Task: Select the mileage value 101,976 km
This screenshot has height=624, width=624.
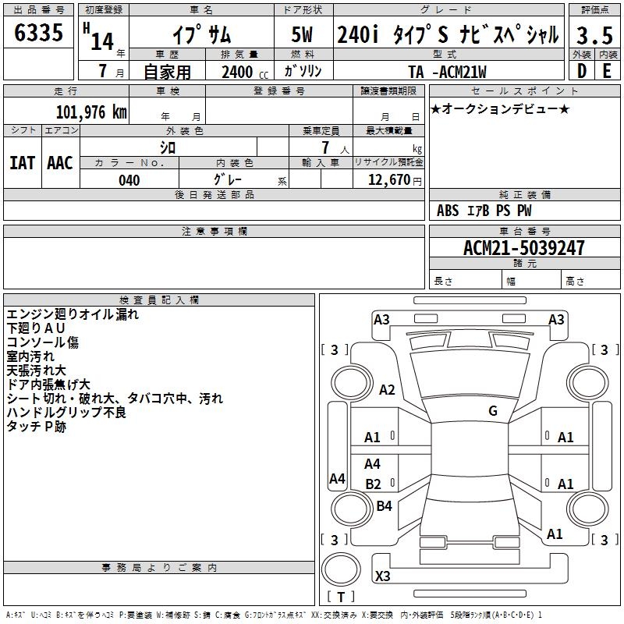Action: coord(91,111)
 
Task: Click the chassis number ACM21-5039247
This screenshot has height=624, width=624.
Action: coord(523,248)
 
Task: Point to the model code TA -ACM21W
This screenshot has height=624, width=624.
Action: coord(452,72)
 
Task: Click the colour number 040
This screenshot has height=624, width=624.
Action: coord(129,180)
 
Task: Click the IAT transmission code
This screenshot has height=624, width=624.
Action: coord(23,162)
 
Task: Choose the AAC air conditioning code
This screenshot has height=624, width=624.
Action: coord(60,162)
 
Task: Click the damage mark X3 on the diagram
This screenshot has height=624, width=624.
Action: coord(383,576)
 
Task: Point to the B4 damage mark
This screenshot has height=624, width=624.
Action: coord(384,506)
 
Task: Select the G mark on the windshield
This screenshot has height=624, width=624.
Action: coord(493,411)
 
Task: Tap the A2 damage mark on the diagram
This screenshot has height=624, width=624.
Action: coord(386,390)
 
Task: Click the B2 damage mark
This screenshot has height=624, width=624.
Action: coord(374,484)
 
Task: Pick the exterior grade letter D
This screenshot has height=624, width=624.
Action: coord(581,72)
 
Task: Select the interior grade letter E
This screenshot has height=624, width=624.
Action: coord(607,72)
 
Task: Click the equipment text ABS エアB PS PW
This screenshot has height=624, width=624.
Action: coord(484,211)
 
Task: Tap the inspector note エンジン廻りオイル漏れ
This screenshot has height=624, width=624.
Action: coord(73,314)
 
